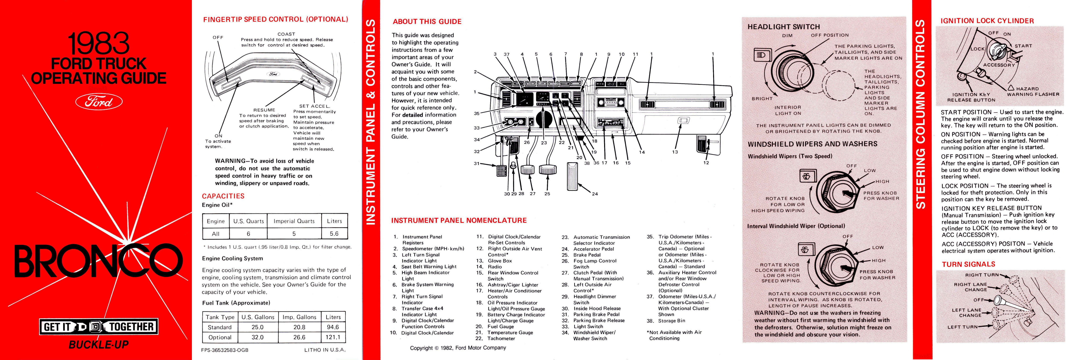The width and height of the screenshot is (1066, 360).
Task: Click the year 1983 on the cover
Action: point(99,43)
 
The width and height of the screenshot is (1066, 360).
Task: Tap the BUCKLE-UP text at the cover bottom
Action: point(99,344)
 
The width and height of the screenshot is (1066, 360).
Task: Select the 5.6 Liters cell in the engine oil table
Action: point(334,234)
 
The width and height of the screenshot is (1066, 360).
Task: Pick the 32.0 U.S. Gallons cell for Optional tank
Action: point(257,337)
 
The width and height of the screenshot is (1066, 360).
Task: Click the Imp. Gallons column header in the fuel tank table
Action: point(299,317)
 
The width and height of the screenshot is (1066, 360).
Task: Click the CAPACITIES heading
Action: point(223,196)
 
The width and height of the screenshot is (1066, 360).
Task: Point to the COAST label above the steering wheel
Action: point(286,34)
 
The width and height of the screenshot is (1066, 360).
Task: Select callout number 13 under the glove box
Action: point(675,152)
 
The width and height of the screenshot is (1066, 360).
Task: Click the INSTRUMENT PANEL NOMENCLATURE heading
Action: point(459,221)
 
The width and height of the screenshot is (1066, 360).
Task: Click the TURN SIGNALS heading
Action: point(968,264)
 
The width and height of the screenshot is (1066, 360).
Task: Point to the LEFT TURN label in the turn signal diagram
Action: point(962,327)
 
